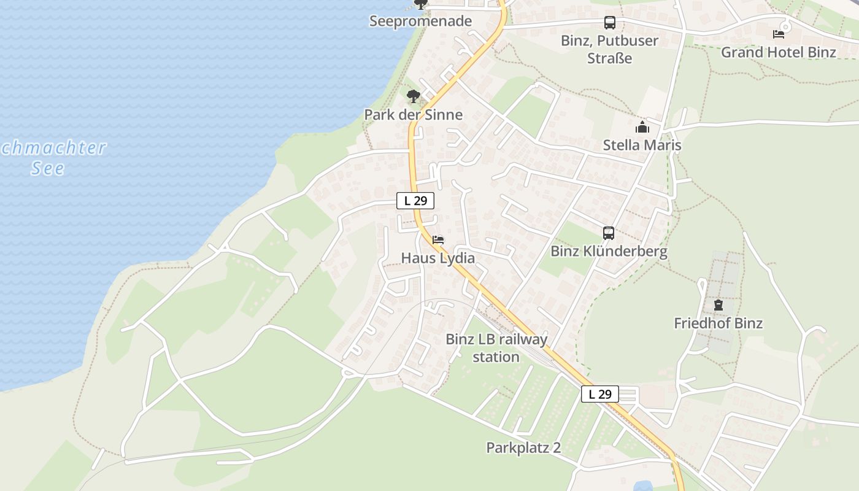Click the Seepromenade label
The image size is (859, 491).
click(x=420, y=21)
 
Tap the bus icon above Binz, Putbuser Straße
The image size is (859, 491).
click(x=609, y=23)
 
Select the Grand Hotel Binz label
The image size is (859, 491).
click(x=778, y=52)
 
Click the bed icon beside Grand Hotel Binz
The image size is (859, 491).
click(x=779, y=34)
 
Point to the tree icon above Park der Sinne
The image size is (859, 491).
click(x=414, y=96)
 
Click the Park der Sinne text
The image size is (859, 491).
click(x=413, y=115)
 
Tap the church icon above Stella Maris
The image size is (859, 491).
click(x=642, y=127)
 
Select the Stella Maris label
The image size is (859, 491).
click(x=642, y=145)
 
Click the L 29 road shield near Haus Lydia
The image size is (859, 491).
click(x=415, y=201)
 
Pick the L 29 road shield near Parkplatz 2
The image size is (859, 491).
click(x=599, y=394)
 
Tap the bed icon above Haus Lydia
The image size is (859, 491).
click(x=437, y=240)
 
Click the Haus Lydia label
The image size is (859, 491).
click(x=437, y=258)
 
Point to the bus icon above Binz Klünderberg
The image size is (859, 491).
click(x=608, y=233)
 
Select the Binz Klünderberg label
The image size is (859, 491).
click(x=609, y=252)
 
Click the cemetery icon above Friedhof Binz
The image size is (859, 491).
click(x=718, y=305)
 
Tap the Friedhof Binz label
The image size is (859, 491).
click(x=718, y=323)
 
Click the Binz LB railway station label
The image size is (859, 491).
click(x=496, y=348)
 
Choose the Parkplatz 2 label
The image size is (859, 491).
click(x=523, y=448)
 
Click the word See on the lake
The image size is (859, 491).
click(x=48, y=168)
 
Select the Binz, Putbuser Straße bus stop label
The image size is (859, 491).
click(x=609, y=50)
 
